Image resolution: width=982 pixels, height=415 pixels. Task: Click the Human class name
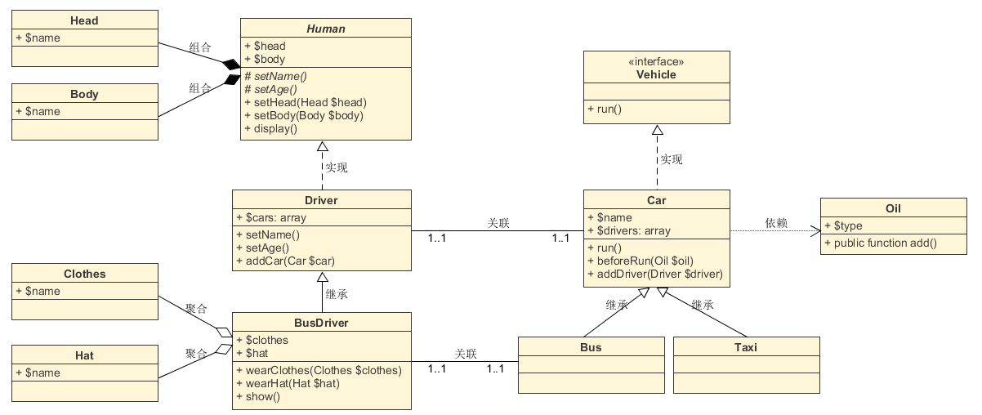pos(326,29)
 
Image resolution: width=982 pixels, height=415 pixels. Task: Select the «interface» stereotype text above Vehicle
pos(656,61)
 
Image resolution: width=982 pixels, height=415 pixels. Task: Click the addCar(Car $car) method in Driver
pos(284,261)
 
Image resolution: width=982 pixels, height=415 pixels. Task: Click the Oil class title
pos(893,208)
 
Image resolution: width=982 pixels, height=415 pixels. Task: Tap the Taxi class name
pos(746,347)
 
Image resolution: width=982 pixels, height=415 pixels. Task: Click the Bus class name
pos(591,347)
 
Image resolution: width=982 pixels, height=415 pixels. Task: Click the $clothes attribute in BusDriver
pos(266,340)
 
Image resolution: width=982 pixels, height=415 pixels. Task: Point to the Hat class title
pos(84,355)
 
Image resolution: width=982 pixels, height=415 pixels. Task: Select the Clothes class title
pos(84,274)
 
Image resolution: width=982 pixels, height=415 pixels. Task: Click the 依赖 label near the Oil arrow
pos(776,223)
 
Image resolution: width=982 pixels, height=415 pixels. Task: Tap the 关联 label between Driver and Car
pos(498,223)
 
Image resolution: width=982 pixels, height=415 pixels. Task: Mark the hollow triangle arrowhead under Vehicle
pos(656,130)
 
